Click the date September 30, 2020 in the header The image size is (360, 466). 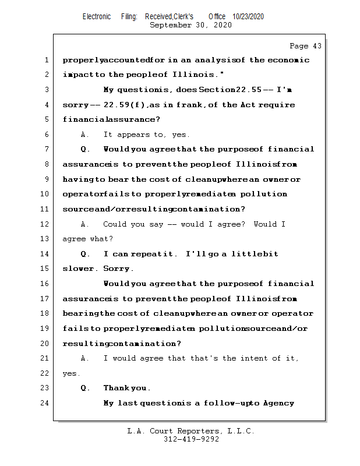point(190,25)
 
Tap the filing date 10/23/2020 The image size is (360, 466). point(248,17)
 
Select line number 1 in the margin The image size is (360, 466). point(46,60)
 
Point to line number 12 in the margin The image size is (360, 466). point(45,224)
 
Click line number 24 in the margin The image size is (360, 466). point(45,403)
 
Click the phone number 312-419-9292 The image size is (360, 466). point(191,440)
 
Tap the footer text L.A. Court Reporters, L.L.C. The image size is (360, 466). point(191,431)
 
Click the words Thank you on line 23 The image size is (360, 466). point(126,388)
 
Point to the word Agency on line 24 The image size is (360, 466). point(278,403)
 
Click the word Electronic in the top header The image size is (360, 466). point(97,17)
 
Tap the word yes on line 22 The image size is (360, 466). point(70,373)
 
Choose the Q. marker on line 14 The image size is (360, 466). point(85,254)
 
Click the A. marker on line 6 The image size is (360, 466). point(85,135)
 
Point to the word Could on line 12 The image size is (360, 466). point(115,224)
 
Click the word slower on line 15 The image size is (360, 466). point(80,269)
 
